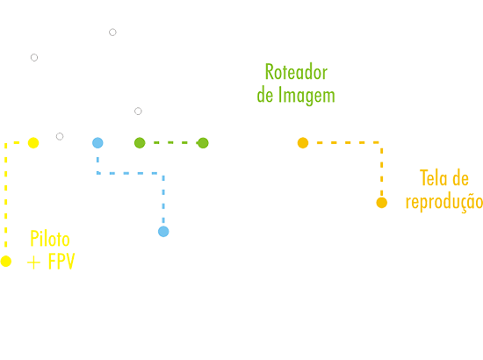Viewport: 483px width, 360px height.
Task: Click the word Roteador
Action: coord(296,72)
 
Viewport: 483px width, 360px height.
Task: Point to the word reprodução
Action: coord(444,202)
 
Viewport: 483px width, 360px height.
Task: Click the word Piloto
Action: coord(50,238)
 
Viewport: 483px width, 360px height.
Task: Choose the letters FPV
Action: coord(61,262)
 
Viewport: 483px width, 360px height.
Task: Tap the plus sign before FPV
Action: coord(33,263)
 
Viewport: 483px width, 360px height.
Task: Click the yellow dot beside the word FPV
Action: coord(6,261)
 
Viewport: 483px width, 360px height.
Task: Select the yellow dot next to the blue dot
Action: coord(33,143)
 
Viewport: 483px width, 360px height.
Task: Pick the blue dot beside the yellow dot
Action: coord(97,143)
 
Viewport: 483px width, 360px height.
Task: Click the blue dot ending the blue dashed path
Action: coord(163,232)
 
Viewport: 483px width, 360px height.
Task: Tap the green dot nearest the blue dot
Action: coord(140,143)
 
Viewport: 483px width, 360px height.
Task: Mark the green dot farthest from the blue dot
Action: coord(203,143)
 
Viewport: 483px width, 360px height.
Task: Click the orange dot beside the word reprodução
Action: coord(382,203)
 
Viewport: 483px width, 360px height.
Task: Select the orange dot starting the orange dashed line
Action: coord(303,143)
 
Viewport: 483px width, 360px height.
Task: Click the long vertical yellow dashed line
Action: coord(6,195)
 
